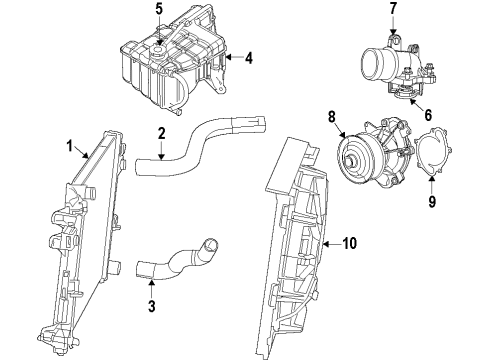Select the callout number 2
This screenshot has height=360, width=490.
161,134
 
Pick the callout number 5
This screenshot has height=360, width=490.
158,10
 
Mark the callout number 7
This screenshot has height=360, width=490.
392,10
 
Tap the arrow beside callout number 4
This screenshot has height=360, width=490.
232,58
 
